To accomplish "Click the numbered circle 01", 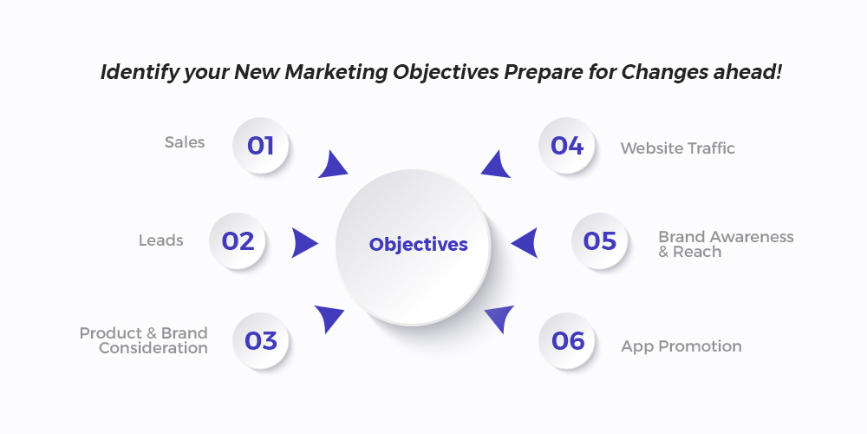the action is (x=260, y=146).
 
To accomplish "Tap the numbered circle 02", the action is (x=238, y=241).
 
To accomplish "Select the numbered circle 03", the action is (x=260, y=340).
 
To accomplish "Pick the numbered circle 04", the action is (x=567, y=146).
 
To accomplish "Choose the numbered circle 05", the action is (x=599, y=241).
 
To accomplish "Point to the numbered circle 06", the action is (x=567, y=340).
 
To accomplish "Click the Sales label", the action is (x=185, y=142).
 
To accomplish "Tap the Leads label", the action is (x=161, y=240).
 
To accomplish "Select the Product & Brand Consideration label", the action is (x=144, y=340).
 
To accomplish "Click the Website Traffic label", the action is (x=677, y=148).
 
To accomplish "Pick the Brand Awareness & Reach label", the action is (x=726, y=244).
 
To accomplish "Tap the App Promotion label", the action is (x=681, y=346).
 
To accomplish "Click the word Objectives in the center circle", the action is (x=418, y=244).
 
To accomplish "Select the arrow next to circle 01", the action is (x=334, y=166).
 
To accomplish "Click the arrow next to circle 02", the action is (x=304, y=242).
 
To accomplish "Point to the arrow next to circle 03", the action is (x=329, y=317).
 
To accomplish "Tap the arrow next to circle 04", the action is (x=495, y=166).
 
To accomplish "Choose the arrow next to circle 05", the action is (x=525, y=242).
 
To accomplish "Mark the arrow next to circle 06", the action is (x=499, y=317).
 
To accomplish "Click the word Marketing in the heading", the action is (x=336, y=72).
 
